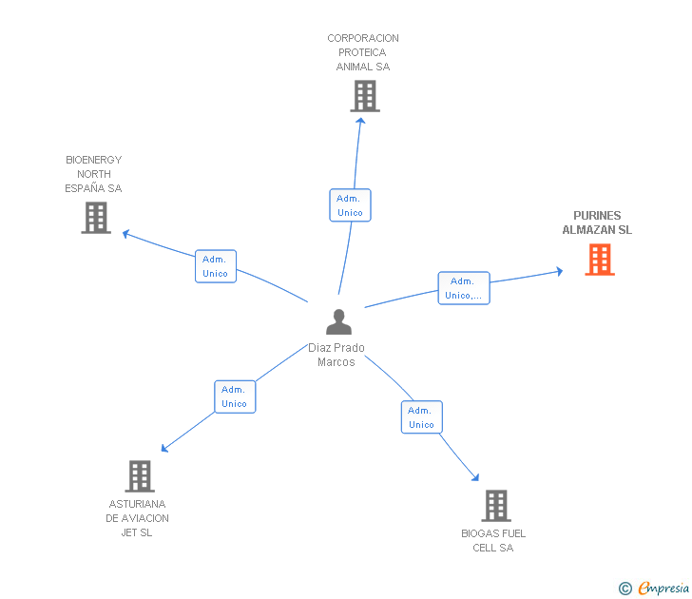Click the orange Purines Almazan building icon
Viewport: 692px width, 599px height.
[600, 260]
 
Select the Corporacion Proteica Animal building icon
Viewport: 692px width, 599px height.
[364, 96]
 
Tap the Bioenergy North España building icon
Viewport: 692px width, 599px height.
[96, 218]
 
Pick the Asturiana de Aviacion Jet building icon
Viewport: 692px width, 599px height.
[139, 476]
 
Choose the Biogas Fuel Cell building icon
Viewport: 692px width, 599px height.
[495, 506]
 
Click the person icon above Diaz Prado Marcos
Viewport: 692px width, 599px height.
[338, 322]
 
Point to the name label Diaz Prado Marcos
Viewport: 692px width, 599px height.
[336, 355]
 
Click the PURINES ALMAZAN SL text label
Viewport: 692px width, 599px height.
[597, 222]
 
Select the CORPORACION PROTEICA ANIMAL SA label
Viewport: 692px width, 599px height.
[363, 52]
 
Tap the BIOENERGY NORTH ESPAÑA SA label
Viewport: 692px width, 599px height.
[93, 174]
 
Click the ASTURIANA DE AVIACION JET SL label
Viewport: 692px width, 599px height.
[138, 518]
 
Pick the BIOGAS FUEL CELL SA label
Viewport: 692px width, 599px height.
[493, 540]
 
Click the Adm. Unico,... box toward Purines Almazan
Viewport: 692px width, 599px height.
[463, 288]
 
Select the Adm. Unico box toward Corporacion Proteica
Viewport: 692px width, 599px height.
[350, 205]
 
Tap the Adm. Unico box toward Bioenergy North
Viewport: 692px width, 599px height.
[215, 266]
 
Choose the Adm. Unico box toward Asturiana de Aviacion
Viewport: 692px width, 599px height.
[234, 396]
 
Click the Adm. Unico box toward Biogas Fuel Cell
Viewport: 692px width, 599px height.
[421, 417]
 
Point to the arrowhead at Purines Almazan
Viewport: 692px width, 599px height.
[559, 272]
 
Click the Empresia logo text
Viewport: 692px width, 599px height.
[663, 589]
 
